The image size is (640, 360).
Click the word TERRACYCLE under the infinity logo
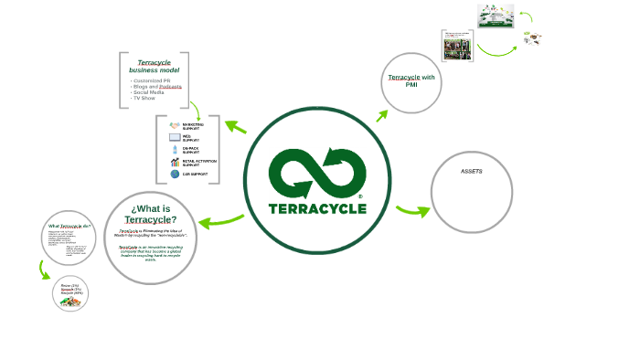click(x=318, y=207)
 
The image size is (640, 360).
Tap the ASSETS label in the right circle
click(x=472, y=172)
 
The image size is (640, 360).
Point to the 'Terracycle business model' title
click(x=155, y=66)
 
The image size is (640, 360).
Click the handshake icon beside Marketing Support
click(x=175, y=126)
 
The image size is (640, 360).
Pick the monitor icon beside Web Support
click(x=175, y=138)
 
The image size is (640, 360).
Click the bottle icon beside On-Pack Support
click(x=175, y=149)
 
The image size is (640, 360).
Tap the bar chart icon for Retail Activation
click(x=175, y=162)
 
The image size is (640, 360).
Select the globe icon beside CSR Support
click(x=175, y=173)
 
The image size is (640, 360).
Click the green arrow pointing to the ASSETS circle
click(x=412, y=211)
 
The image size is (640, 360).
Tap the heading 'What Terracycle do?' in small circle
click(x=69, y=226)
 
